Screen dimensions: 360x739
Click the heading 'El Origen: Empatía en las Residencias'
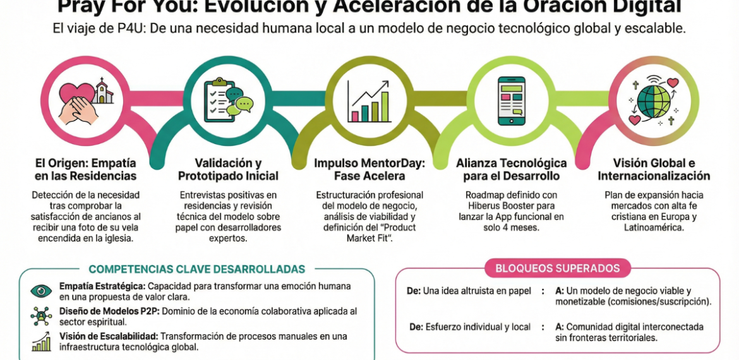(x=86, y=169)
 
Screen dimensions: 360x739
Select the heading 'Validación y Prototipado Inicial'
(x=228, y=169)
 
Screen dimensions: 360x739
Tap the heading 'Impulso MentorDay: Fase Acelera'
(x=369, y=169)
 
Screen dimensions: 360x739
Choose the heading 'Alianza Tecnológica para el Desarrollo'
(x=511, y=169)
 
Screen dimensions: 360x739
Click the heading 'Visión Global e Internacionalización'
(x=654, y=169)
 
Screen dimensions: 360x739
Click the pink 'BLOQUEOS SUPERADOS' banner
(x=558, y=268)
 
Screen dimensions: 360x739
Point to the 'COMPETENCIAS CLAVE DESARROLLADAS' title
(x=196, y=269)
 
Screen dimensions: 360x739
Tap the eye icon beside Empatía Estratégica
(x=41, y=291)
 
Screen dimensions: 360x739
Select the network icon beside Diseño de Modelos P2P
(x=41, y=316)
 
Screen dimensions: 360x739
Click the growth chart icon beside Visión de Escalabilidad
(x=41, y=341)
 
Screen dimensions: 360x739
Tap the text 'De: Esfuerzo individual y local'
(x=469, y=327)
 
